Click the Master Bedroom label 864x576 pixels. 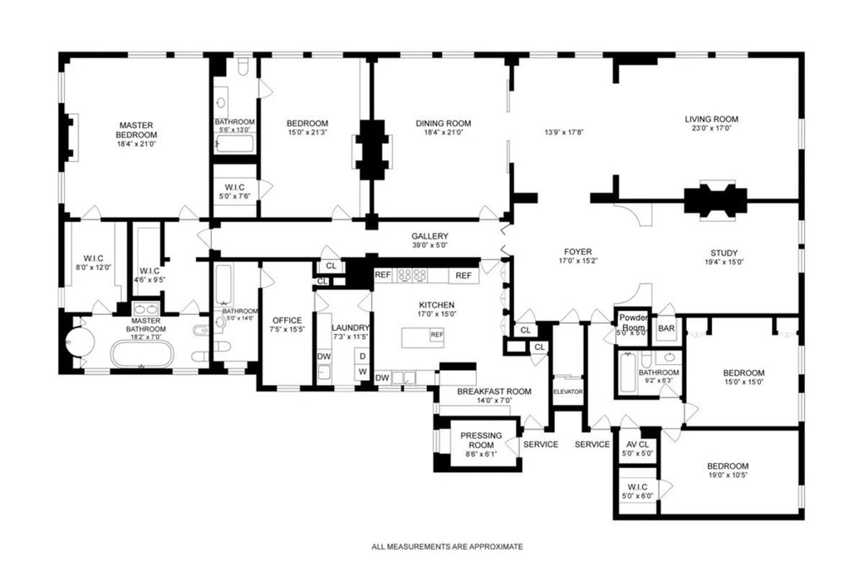point(138,130)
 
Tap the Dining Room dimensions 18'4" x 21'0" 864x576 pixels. point(443,132)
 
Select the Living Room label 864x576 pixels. point(711,119)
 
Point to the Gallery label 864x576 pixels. point(430,236)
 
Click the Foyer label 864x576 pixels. point(577,251)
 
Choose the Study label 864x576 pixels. point(724,253)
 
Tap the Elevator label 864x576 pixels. point(567,392)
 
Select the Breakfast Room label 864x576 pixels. point(494,392)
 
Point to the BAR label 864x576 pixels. point(667,328)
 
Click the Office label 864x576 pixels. point(287,320)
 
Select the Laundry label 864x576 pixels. point(350,328)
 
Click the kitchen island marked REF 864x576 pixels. point(422,336)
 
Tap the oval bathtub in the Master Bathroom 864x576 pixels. point(142,355)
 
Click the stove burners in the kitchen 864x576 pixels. point(413,275)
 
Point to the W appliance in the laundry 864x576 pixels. point(363,372)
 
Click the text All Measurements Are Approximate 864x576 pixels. point(447,546)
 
